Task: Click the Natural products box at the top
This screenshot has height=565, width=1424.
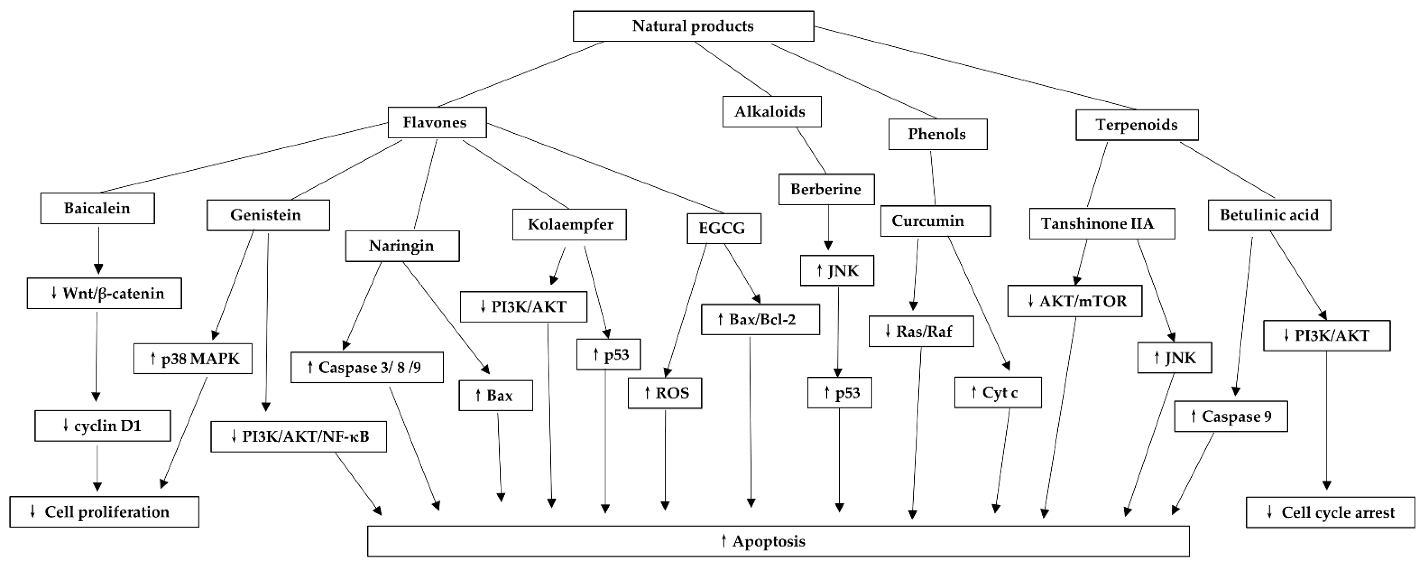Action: [693, 26]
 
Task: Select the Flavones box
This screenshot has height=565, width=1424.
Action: [437, 122]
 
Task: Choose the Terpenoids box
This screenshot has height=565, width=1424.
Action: [1136, 125]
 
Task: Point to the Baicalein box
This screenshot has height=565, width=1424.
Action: [97, 209]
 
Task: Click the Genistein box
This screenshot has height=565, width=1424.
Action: [268, 215]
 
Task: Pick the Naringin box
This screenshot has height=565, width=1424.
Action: [402, 246]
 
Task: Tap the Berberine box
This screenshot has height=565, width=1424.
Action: [826, 190]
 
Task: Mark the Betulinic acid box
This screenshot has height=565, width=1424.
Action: [1269, 215]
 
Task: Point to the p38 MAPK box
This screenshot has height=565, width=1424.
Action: [193, 359]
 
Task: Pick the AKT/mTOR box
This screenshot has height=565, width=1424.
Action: [1074, 301]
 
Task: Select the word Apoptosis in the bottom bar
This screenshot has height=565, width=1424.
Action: [768, 541]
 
